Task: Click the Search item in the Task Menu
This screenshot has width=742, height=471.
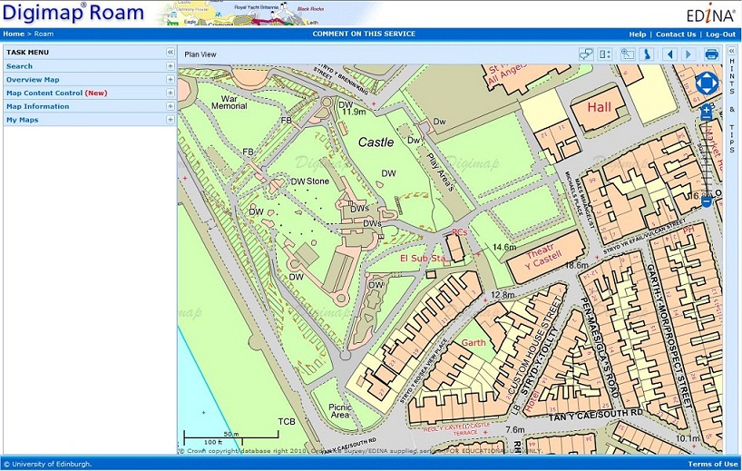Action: [x=19, y=66]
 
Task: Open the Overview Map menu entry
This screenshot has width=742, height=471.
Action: [x=33, y=80]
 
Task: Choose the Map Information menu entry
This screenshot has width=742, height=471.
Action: [x=37, y=106]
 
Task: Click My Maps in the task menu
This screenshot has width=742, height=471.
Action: [x=23, y=120]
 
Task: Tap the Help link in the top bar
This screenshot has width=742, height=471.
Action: [x=637, y=34]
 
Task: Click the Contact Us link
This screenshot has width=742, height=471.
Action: [x=676, y=34]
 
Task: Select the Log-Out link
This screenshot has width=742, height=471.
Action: [x=721, y=34]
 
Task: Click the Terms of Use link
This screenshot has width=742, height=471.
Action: [x=712, y=465]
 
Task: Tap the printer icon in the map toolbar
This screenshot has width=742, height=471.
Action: [x=712, y=54]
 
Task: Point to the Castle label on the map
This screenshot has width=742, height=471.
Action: [x=376, y=142]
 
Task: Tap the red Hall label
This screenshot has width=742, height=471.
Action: [x=600, y=107]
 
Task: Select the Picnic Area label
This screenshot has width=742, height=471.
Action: [x=340, y=411]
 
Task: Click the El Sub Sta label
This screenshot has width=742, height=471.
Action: [x=422, y=259]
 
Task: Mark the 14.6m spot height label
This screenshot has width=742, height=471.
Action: [x=504, y=247]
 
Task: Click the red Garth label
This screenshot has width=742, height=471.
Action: [x=474, y=343]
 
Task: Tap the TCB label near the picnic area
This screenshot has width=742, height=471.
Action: [x=287, y=422]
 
